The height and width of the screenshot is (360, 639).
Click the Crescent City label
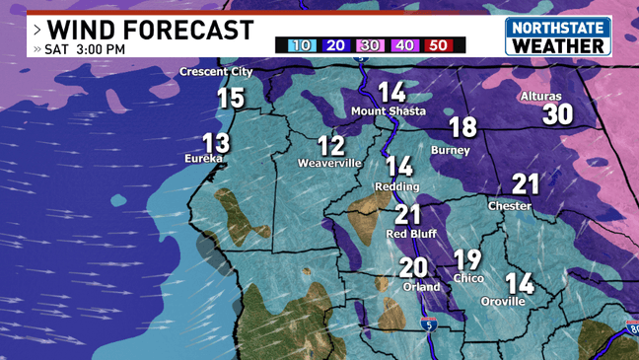pyautogui.click(x=216, y=72)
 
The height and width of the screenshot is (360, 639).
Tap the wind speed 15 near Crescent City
pyautogui.click(x=230, y=98)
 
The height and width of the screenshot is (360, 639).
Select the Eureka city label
pyautogui.click(x=203, y=158)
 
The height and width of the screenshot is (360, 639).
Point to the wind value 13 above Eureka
pyautogui.click(x=215, y=142)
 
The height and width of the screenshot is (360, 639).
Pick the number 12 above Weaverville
pyautogui.click(x=331, y=146)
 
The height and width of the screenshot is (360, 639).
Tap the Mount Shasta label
pyautogui.click(x=389, y=111)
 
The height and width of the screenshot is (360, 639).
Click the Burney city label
pyautogui.click(x=451, y=151)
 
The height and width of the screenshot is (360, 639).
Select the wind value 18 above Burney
pyautogui.click(x=462, y=126)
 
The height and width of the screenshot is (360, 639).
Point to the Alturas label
pyautogui.click(x=540, y=97)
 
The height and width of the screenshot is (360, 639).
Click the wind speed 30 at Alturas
pyautogui.click(x=557, y=114)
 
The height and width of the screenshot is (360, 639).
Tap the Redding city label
pyautogui.click(x=396, y=186)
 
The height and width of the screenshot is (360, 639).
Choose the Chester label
pyautogui.click(x=510, y=206)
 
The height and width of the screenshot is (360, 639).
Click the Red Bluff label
pyautogui.click(x=410, y=234)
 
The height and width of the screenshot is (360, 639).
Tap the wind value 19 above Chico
pyautogui.click(x=467, y=260)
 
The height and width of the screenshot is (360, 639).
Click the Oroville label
pyautogui.click(x=503, y=301)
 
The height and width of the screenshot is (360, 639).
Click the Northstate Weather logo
pyautogui.click(x=557, y=36)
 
